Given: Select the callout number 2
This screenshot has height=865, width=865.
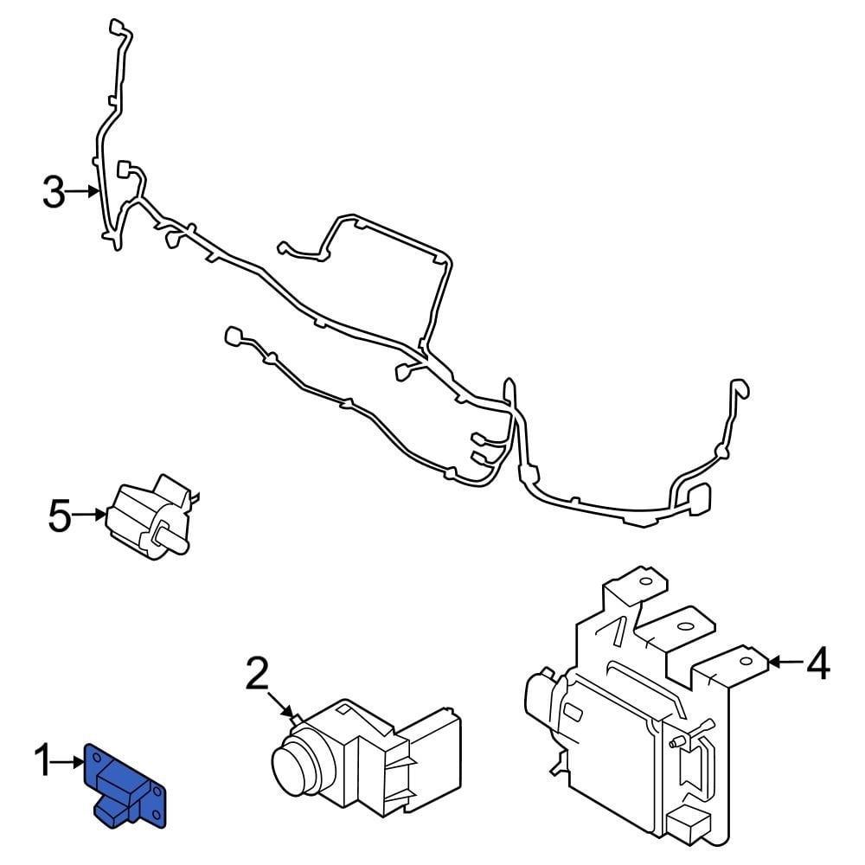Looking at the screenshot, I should tap(257, 675).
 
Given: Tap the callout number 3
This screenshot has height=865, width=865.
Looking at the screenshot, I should tap(54, 192).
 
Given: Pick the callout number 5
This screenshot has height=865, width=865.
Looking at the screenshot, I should tap(59, 516).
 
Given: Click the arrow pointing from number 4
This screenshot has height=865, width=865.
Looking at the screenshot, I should tap(783, 663).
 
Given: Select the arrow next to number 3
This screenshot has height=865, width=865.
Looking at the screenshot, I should tap(84, 191).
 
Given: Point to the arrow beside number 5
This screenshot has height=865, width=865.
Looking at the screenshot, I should tap(88, 516).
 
